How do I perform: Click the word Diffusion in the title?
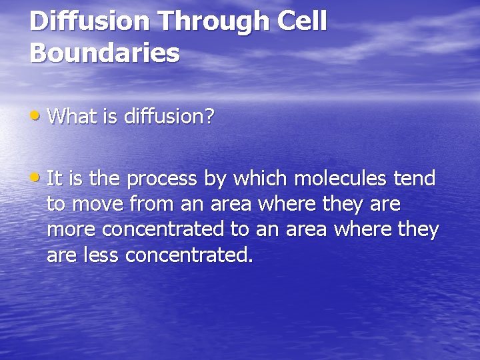[x=89, y=21]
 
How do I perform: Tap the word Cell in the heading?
[x=303, y=21]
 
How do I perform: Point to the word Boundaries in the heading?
[x=105, y=53]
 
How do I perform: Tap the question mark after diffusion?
[x=209, y=117]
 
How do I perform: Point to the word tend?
[x=414, y=179]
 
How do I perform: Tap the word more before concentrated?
[x=71, y=231]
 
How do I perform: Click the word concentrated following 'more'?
[x=163, y=230]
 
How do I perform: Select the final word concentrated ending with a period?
[x=189, y=255]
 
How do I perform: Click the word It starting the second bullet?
[x=55, y=179]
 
